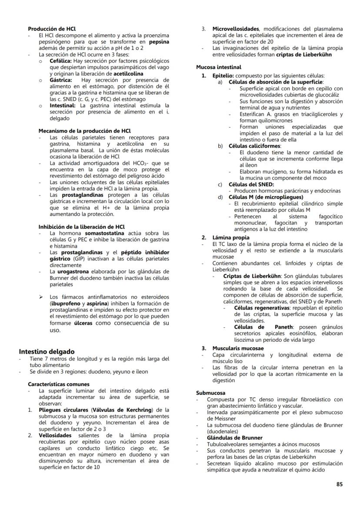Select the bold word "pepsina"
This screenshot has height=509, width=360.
[159, 42]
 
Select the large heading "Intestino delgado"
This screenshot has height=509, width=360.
[47, 351]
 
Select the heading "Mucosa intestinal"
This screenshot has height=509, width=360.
[219, 67]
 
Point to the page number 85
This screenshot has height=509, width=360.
[340, 483]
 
